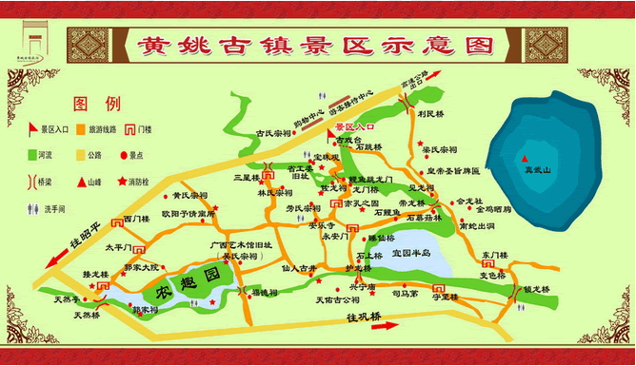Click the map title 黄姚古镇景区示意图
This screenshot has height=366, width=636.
click(x=319, y=46)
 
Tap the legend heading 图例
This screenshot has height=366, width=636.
click(x=97, y=103)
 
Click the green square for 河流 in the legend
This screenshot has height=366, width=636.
click(x=32, y=154)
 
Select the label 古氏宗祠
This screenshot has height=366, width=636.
click(x=276, y=134)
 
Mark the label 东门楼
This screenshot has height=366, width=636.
click(x=496, y=254)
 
